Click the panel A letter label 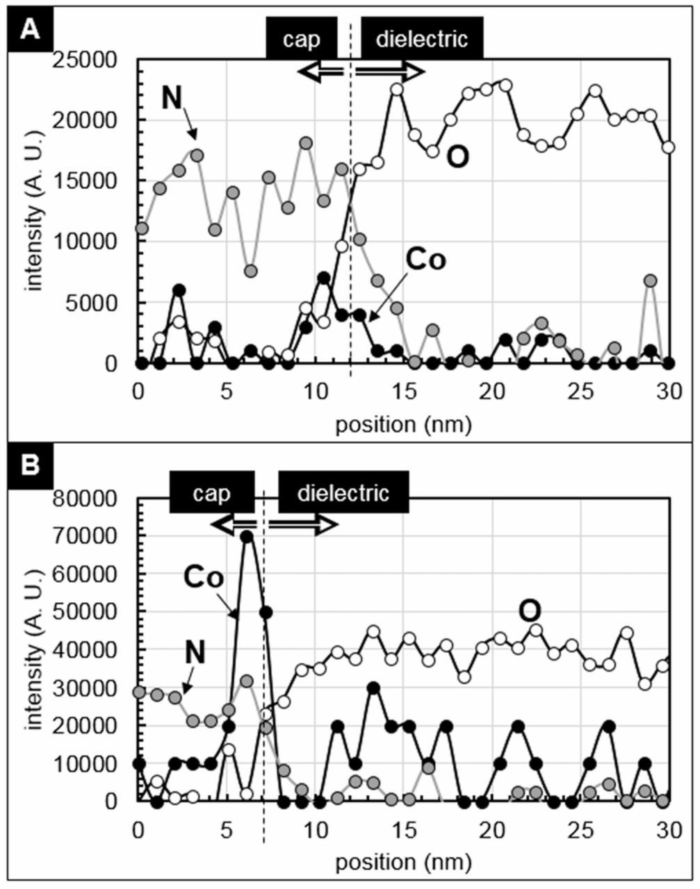pos(29,30)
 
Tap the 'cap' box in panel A pos(302,39)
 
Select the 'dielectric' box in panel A pos(421,39)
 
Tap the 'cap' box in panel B pos(212,492)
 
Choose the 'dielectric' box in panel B pos(343,492)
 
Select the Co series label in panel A pos(425,260)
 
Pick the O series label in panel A pos(458,158)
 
